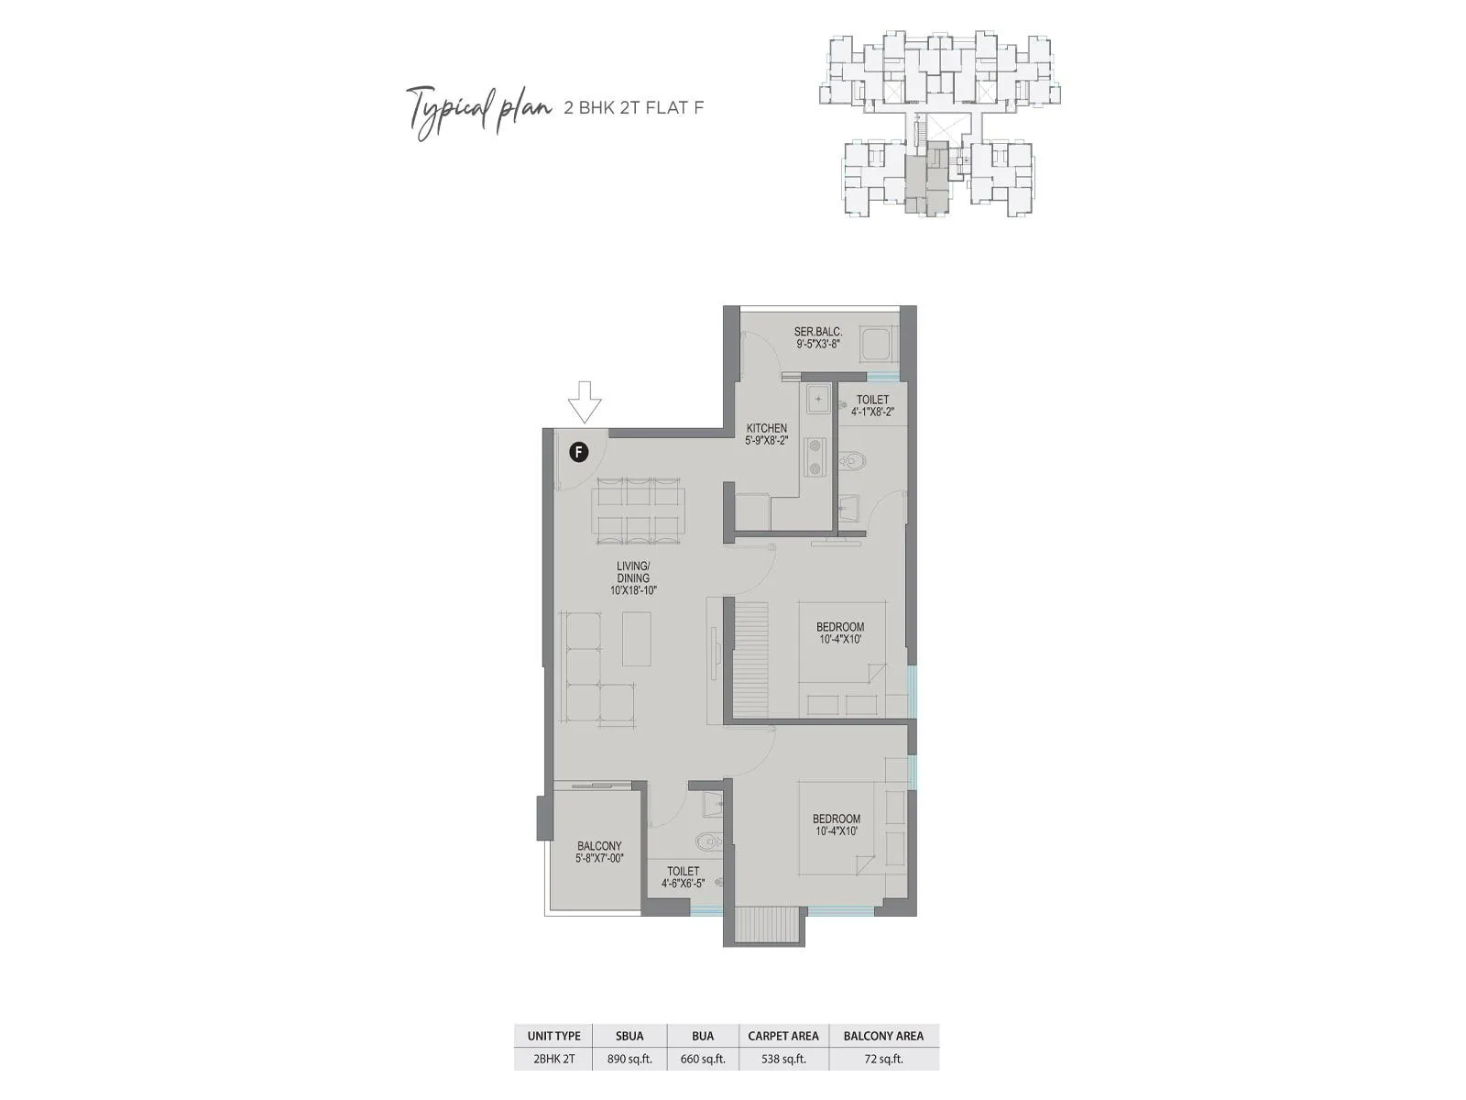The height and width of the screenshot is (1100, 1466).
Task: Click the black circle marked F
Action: [578, 451]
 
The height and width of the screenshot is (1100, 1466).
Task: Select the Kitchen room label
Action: [766, 434]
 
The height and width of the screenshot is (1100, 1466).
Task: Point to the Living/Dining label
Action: [633, 578]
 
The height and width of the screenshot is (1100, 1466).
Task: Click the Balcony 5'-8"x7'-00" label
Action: [599, 852]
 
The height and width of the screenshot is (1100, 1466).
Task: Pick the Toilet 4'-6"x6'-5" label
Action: [683, 877]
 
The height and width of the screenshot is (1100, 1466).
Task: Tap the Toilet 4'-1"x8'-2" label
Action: [872, 405]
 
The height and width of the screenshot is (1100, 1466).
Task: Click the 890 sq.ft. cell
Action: [629, 1059]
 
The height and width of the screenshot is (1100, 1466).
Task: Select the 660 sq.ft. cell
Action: [703, 1059]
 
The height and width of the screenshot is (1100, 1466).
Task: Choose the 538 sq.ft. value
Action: [783, 1059]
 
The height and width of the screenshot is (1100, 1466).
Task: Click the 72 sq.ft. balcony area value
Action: [883, 1059]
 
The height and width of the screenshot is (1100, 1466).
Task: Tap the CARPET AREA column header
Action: [783, 1036]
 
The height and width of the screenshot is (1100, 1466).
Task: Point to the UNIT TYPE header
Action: [553, 1036]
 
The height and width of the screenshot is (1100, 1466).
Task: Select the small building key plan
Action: [940, 123]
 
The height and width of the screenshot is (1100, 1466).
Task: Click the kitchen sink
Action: [817, 400]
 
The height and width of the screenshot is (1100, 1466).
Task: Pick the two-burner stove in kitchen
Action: [814, 456]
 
